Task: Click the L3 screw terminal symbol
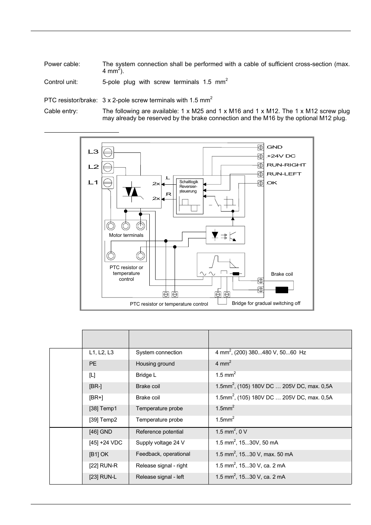108,152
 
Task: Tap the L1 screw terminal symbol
108,182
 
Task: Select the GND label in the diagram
275,147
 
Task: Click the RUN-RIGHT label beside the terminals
286,165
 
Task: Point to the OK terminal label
272,183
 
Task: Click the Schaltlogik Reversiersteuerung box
189,196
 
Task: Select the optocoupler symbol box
225,235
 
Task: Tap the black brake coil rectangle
282,290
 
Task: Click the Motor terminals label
126,235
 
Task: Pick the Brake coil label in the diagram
282,274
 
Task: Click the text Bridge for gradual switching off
266,303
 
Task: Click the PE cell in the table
93,364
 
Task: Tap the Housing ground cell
155,364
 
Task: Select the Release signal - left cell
160,477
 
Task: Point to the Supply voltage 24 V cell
160,443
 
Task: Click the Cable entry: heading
61,111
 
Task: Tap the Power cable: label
62,64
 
